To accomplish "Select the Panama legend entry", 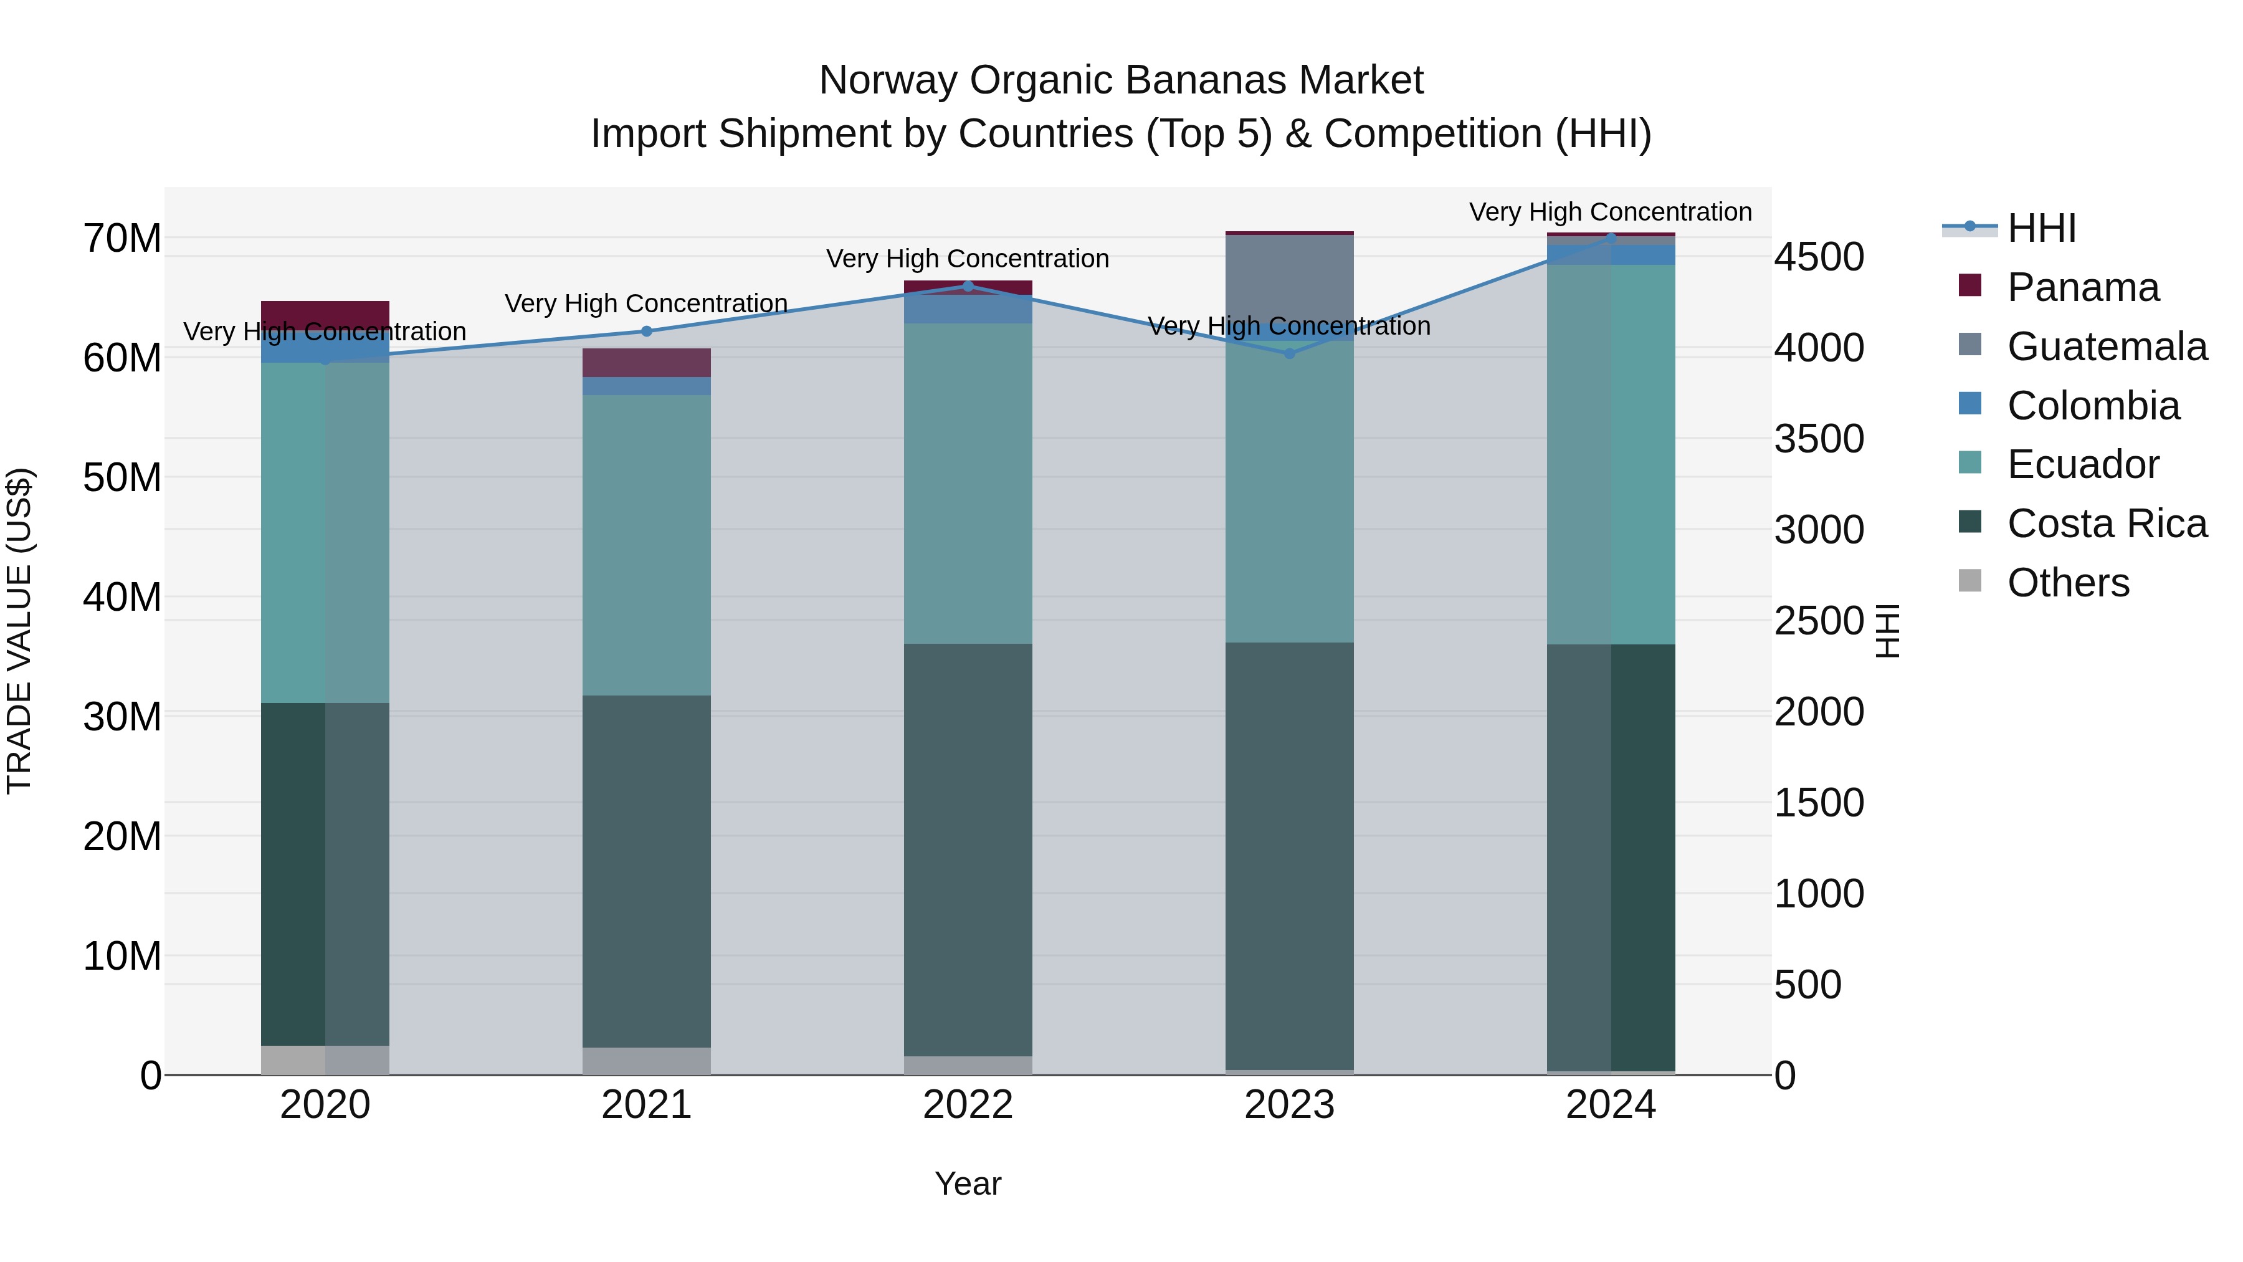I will click(x=2082, y=287).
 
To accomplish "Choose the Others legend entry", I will click(x=2067, y=583).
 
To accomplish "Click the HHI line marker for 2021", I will click(x=646, y=331).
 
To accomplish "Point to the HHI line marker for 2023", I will click(x=1290, y=353).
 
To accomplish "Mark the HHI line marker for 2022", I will click(x=968, y=285).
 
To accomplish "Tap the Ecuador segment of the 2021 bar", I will click(x=646, y=544).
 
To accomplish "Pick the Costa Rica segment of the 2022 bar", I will click(x=968, y=849).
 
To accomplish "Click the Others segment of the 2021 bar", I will click(x=646, y=1060).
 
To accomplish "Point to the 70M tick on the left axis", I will click(x=122, y=238).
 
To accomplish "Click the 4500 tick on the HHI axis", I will click(x=1819, y=257).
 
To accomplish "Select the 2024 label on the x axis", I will click(x=1611, y=1105).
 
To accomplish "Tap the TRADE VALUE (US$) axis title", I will click(x=19, y=631).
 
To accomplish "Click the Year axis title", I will click(x=968, y=1183).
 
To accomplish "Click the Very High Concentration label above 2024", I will click(x=1610, y=212).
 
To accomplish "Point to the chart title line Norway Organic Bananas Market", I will click(x=1121, y=80).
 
